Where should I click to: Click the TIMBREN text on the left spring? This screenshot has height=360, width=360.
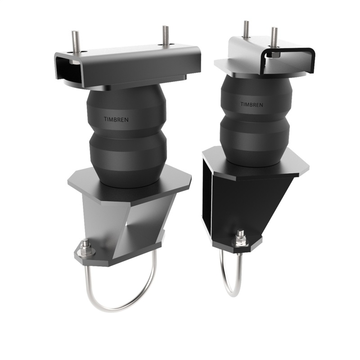(112, 119)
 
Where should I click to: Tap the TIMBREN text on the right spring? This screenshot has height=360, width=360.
(252, 104)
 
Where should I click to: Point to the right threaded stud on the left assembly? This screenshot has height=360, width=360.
(166, 36)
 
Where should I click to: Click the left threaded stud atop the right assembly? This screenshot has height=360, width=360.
(247, 30)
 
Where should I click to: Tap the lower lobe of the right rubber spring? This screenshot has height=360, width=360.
(254, 135)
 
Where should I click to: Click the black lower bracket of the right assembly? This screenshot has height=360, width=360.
(252, 198)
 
